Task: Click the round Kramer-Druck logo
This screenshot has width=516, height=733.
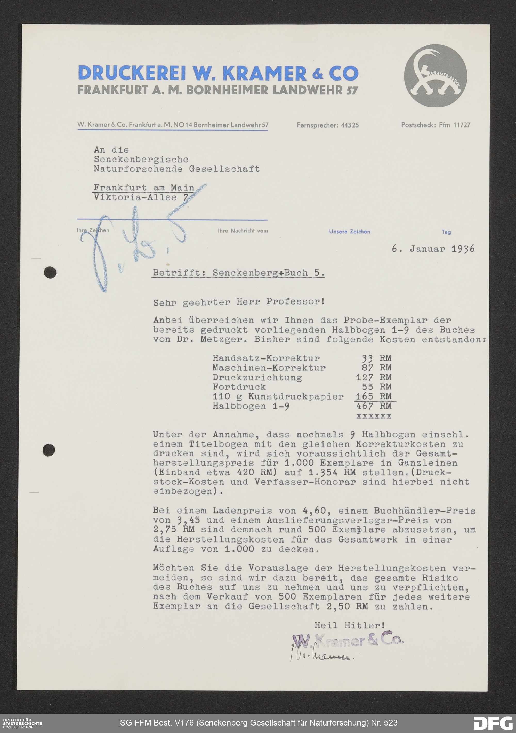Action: [x=435, y=76]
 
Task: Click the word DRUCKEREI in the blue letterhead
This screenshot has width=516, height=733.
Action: [x=132, y=73]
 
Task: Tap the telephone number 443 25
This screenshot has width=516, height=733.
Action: [x=350, y=125]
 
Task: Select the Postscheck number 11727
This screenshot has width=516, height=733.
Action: [x=462, y=125]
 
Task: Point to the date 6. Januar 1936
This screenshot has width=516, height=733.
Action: [x=433, y=249]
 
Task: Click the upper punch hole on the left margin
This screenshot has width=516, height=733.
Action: [x=50, y=273]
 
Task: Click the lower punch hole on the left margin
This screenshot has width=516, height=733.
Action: [x=49, y=450]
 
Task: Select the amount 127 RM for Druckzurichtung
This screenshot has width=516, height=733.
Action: [x=373, y=377]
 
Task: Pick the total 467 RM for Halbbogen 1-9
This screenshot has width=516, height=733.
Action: [x=373, y=406]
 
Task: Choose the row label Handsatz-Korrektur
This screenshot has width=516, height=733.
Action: [x=266, y=358]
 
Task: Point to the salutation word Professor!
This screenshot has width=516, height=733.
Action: [x=295, y=302]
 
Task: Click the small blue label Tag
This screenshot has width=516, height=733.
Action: [x=446, y=232]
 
